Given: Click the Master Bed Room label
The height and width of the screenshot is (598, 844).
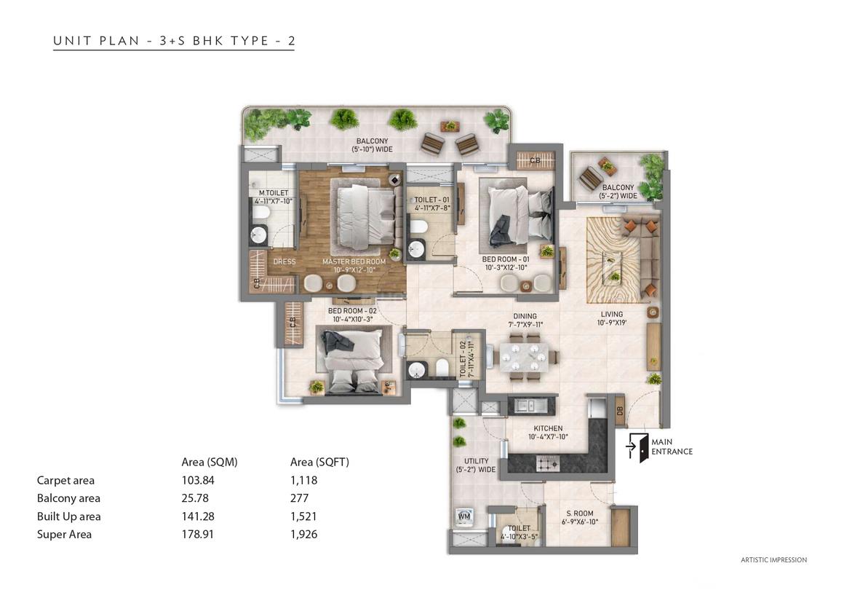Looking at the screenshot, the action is (x=354, y=261).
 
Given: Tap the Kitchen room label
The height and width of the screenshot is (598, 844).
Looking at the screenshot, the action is (x=548, y=428).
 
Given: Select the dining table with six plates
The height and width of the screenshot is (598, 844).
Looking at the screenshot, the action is (x=525, y=355).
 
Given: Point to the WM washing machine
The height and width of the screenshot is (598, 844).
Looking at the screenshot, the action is (x=464, y=516).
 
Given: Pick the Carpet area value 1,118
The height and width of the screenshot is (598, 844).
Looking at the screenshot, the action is (x=303, y=480).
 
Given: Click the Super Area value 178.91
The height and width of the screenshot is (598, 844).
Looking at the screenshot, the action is (x=198, y=535).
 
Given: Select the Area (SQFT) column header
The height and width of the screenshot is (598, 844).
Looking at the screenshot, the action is (x=319, y=463).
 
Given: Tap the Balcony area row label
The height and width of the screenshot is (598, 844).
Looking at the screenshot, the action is (x=68, y=498).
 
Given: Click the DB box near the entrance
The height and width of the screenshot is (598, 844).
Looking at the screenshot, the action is (x=619, y=411).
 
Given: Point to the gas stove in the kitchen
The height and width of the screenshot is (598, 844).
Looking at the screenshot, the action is (x=548, y=463).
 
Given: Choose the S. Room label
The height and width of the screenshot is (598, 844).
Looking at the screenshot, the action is (x=579, y=514).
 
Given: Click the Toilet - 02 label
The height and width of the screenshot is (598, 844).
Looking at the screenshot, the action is (x=462, y=358).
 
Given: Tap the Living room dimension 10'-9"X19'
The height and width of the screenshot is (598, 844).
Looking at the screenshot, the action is (x=611, y=323).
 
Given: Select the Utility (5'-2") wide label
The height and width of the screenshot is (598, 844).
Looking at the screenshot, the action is (x=476, y=465).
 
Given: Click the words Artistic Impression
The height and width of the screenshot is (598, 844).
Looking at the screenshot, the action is (x=773, y=559).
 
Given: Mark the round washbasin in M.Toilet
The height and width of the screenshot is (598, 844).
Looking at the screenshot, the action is (x=260, y=235).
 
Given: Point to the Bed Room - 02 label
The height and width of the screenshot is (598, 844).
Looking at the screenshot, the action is (x=353, y=311).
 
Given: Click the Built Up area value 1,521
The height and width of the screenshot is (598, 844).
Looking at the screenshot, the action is (x=303, y=516).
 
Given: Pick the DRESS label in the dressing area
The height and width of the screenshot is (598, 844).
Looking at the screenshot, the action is (x=284, y=261).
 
